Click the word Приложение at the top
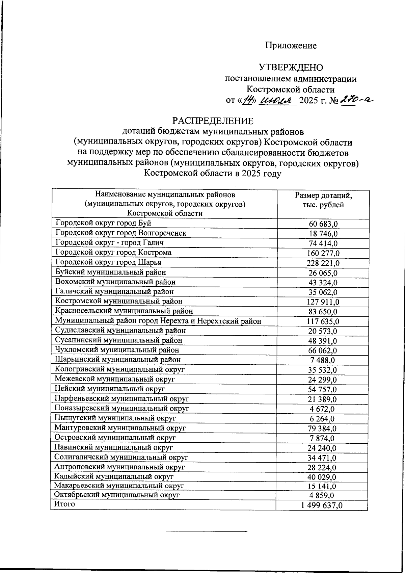(291, 46)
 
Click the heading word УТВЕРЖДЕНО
(291, 68)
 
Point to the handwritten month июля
(276, 100)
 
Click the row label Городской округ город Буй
(103, 223)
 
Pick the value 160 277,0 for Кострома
(324, 253)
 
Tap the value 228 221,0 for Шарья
(324, 263)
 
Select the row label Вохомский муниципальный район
(115, 282)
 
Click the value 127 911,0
(324, 302)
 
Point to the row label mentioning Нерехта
(158, 321)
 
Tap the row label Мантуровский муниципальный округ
(120, 428)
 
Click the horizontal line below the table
(206, 531)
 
